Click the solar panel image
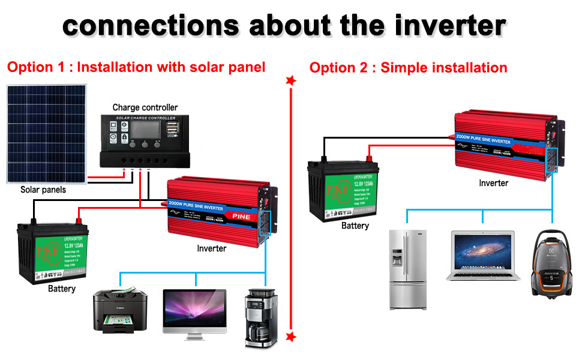tap(46, 134)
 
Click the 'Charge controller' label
tap(145, 107)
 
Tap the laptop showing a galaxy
tap(483, 255)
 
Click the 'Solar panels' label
tap(43, 190)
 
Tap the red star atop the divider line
tap(291, 80)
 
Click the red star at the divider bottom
tap(291, 337)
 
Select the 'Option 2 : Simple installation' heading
tap(408, 67)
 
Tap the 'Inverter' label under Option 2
tap(493, 183)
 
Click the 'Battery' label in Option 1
tap(62, 289)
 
